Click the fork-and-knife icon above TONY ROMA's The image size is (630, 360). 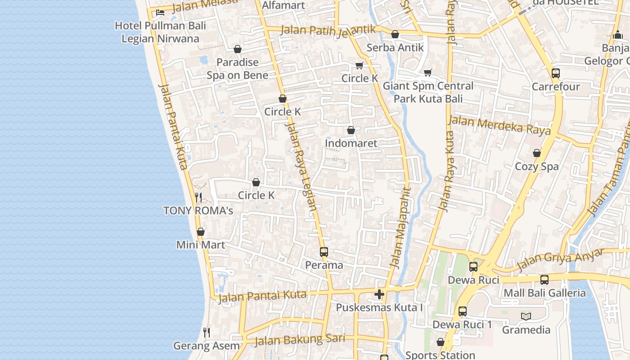[198, 197]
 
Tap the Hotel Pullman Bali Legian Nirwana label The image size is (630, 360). [160, 32]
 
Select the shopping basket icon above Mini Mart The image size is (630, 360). [201, 232]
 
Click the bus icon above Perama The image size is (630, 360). [324, 252]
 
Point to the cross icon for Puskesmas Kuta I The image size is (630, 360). [379, 294]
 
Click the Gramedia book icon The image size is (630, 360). [526, 316]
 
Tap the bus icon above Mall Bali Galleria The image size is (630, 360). [544, 280]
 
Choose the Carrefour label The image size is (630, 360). [556, 86]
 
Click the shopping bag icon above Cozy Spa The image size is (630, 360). [537, 153]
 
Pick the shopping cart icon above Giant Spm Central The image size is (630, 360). [428, 72]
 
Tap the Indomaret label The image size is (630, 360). [351, 143]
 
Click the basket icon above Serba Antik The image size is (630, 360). [395, 34]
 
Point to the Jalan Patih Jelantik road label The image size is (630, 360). [328, 30]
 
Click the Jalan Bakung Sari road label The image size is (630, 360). [300, 340]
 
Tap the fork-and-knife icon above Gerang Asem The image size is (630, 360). [207, 333]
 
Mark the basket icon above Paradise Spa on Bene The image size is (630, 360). [238, 49]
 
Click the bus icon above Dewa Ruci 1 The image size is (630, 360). [463, 311]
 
